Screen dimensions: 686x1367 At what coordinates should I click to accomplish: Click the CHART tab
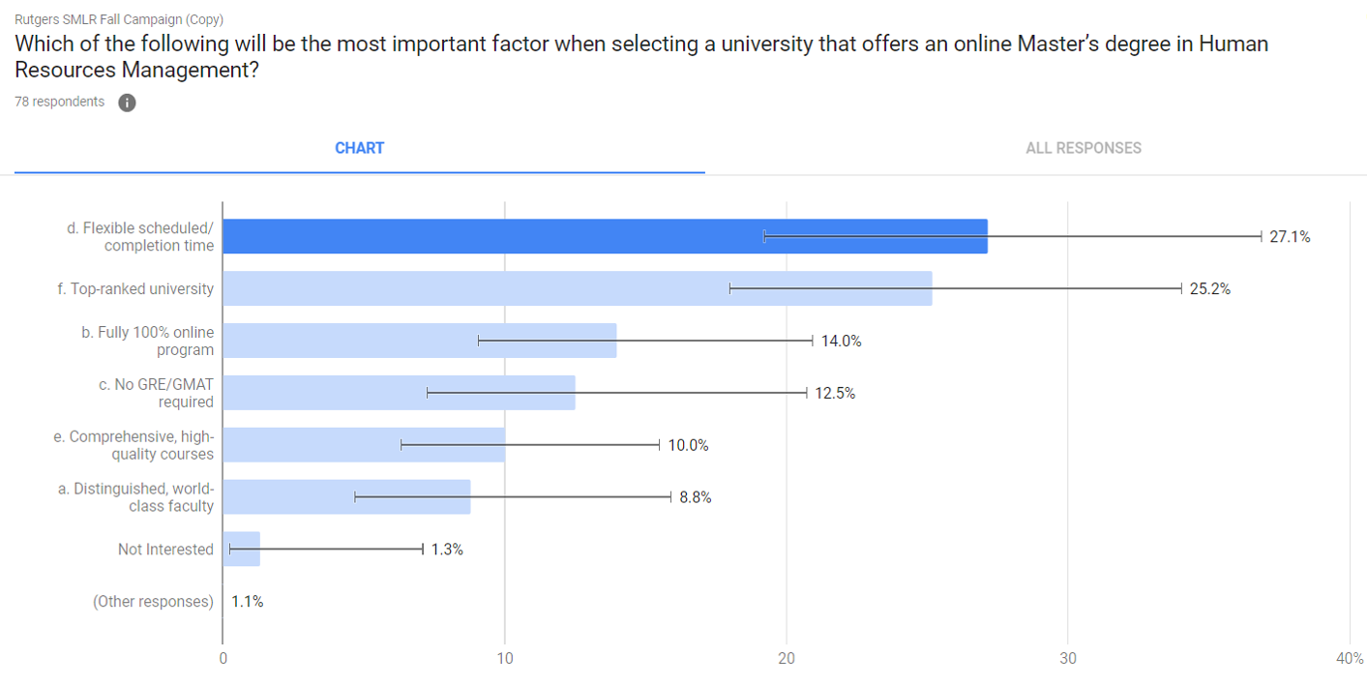359,148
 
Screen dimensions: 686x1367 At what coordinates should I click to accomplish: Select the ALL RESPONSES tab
1083,148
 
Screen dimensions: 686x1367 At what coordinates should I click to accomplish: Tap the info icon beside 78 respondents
127,103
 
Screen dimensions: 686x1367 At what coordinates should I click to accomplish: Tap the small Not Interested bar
241,550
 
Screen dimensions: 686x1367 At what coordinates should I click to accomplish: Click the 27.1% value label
1290,236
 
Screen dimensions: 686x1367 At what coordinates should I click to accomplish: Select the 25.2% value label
1209,288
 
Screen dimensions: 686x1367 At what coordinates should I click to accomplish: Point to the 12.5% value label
834,393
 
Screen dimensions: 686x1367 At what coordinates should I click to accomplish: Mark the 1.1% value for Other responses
248,602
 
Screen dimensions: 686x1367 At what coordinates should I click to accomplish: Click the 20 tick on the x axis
787,658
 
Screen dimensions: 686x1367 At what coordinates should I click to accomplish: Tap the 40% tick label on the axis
1349,658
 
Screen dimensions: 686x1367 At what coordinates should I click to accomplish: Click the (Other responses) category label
153,602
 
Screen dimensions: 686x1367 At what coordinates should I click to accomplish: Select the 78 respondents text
60,102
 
